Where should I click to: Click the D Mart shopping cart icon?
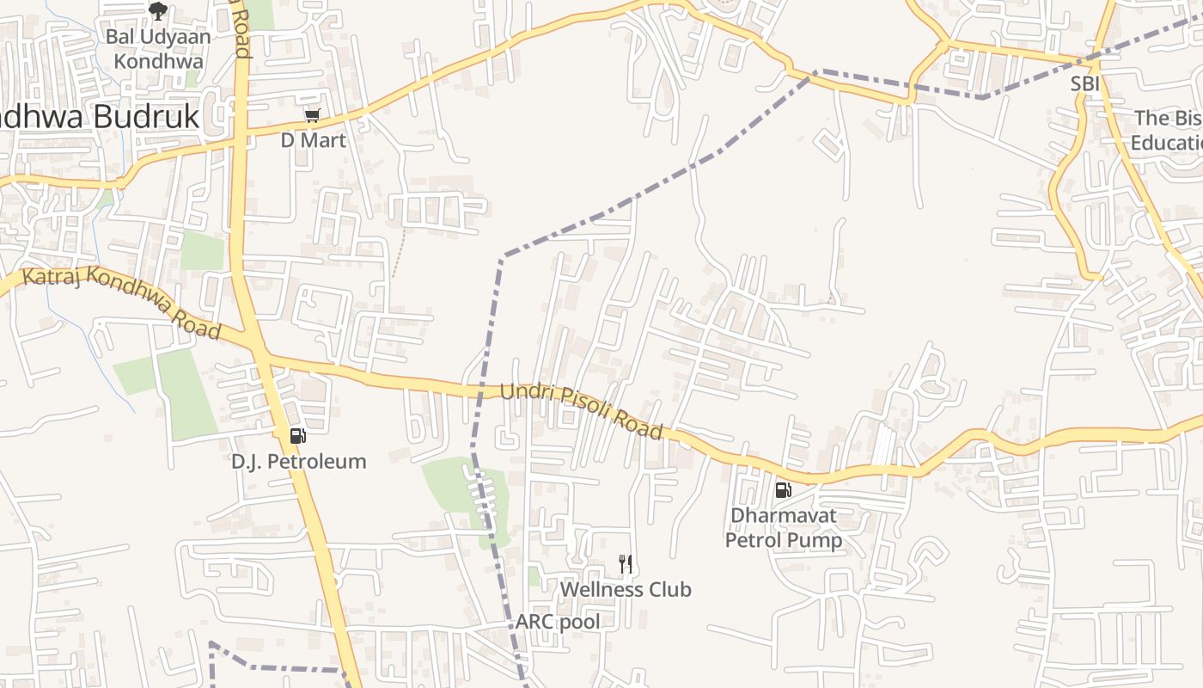(312, 116)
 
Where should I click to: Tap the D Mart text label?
(313, 140)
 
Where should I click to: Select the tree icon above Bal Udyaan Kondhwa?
(157, 11)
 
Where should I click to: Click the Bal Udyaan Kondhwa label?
(158, 49)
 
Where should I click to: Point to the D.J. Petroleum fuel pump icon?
(297, 436)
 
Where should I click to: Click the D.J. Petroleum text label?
(298, 462)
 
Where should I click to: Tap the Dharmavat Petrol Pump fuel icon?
(783, 490)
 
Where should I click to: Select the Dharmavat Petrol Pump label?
(783, 528)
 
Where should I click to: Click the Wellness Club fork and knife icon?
(626, 564)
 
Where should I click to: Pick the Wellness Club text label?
(626, 590)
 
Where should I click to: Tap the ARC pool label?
(558, 622)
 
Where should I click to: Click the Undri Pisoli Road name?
(581, 410)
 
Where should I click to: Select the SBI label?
(1084, 84)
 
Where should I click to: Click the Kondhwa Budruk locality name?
(99, 117)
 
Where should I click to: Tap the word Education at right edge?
(1167, 143)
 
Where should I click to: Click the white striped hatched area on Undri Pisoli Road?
(882, 445)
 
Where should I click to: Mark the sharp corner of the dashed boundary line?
(502, 256)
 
